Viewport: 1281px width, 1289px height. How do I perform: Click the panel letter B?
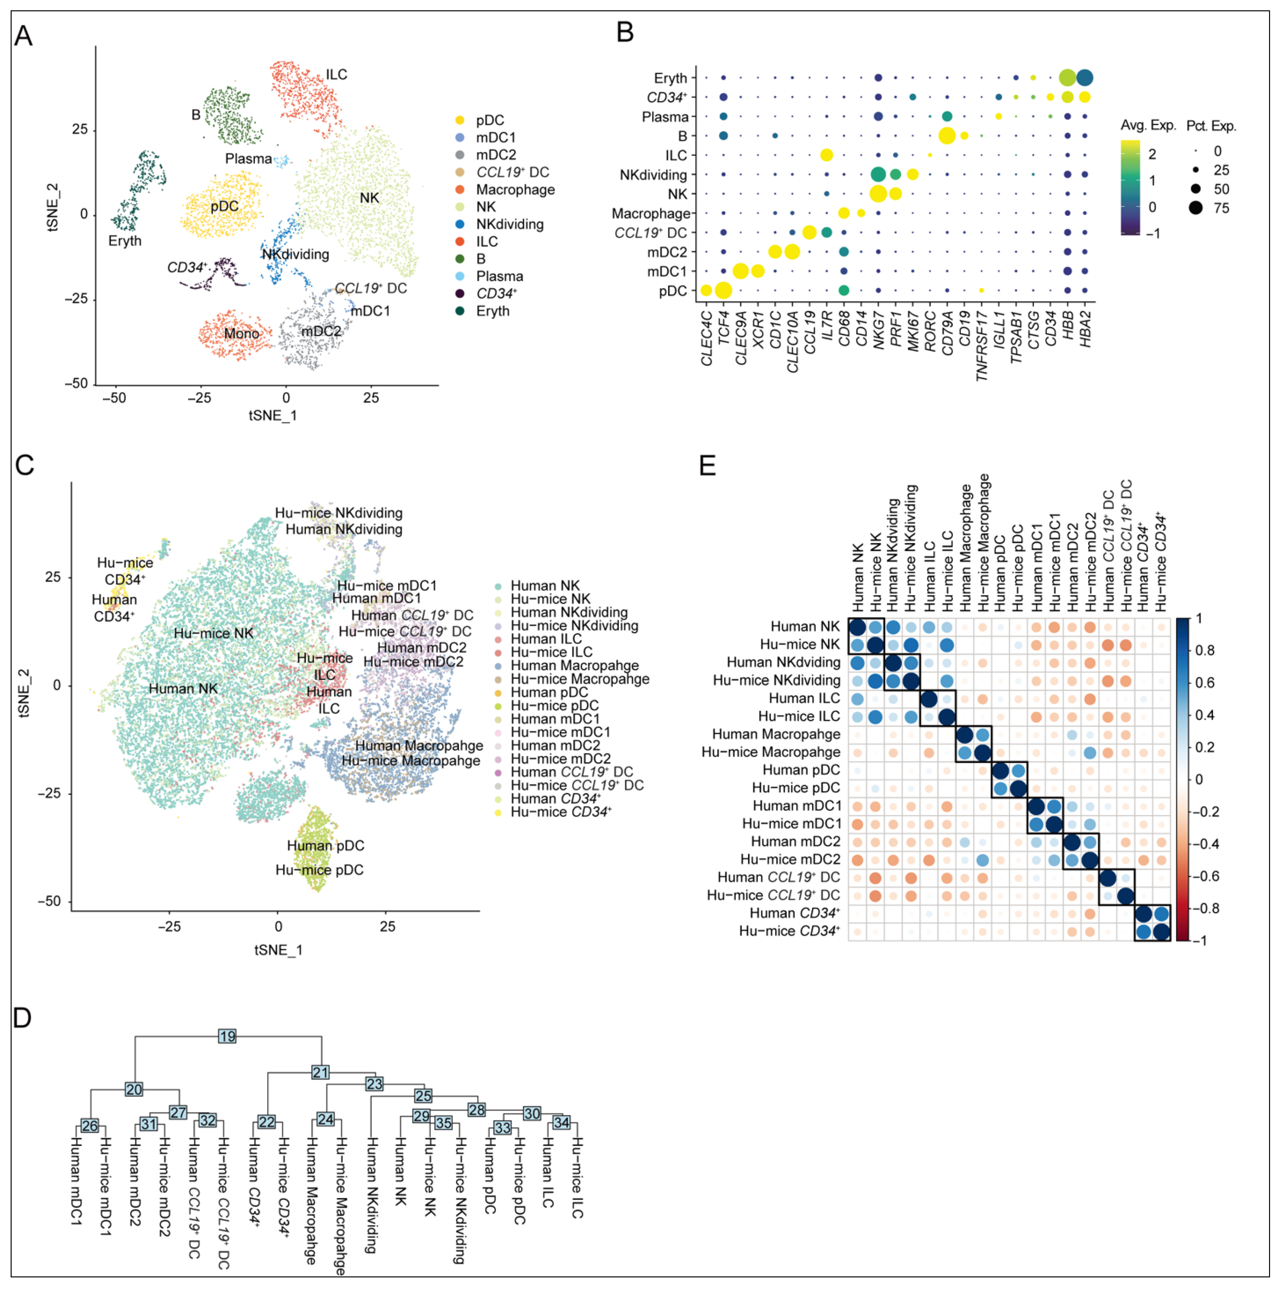coord(625,32)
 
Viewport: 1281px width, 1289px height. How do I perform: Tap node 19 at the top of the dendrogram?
coord(227,1036)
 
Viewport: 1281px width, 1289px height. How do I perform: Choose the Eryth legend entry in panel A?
coord(492,311)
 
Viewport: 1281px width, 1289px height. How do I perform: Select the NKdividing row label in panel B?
coord(653,175)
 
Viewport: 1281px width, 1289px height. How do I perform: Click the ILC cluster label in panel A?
coord(336,74)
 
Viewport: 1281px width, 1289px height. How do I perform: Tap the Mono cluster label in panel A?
coord(241,334)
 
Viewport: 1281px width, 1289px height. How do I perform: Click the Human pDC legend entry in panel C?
coord(549,692)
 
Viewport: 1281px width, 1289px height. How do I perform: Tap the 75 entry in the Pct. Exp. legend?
coord(1221,208)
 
